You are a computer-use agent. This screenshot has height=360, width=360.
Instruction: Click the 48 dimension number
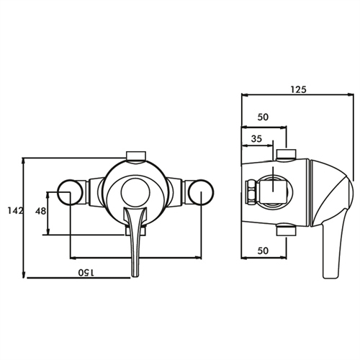click(x=40, y=212)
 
